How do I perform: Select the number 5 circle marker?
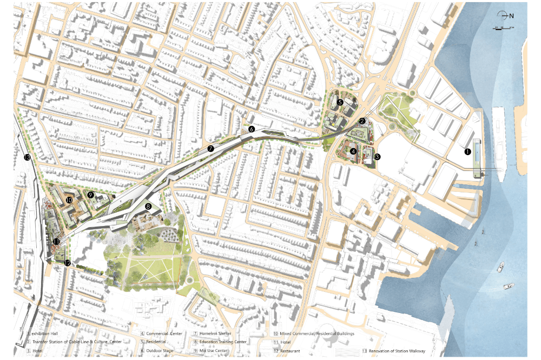click(x=340, y=102)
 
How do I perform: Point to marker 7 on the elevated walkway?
click(x=210, y=148)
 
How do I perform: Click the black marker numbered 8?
click(x=148, y=206)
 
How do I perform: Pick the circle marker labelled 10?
click(x=69, y=199)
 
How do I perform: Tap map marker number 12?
click(x=67, y=263)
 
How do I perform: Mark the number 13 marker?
click(x=27, y=158)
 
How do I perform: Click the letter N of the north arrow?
click(x=511, y=16)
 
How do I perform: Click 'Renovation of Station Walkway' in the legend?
click(x=398, y=351)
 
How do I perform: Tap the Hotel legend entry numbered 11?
click(x=286, y=342)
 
